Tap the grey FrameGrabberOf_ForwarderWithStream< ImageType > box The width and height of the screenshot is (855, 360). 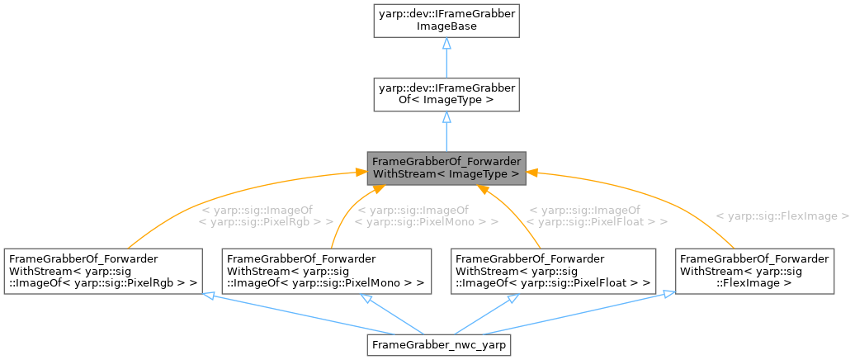pos(446,166)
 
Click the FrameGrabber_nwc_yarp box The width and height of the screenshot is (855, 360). pos(440,343)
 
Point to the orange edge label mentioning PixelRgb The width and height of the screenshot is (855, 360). pos(266,216)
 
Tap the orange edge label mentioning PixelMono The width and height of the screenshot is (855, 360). pos(426,216)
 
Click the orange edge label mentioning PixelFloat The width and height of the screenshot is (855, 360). pos(597,216)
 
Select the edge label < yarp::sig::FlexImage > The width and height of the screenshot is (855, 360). pos(782,216)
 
